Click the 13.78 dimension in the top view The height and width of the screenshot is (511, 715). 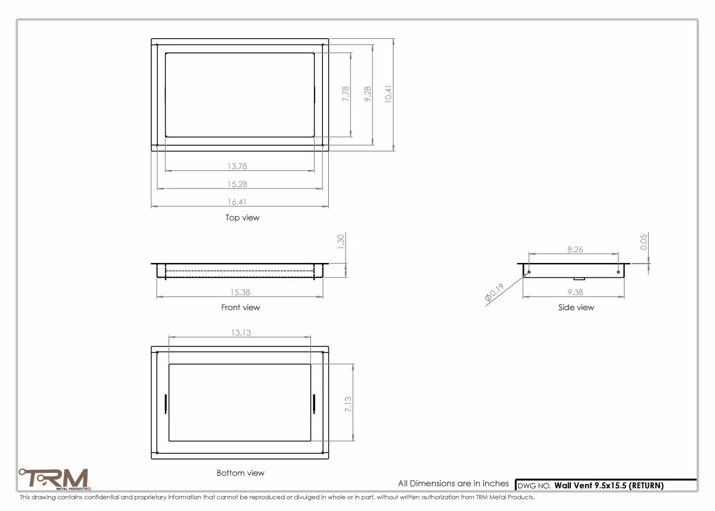[237, 166]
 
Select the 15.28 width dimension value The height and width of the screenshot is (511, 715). [237, 184]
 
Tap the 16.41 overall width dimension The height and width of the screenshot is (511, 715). [237, 202]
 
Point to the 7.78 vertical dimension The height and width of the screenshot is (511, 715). [346, 94]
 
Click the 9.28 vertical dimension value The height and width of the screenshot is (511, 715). [368, 94]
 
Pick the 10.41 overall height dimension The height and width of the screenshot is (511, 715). [388, 94]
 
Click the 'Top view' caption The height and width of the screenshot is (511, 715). [243, 218]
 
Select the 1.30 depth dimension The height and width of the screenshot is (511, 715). [341, 241]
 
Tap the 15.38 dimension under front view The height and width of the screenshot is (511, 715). [240, 292]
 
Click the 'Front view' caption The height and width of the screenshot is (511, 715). [240, 307]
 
